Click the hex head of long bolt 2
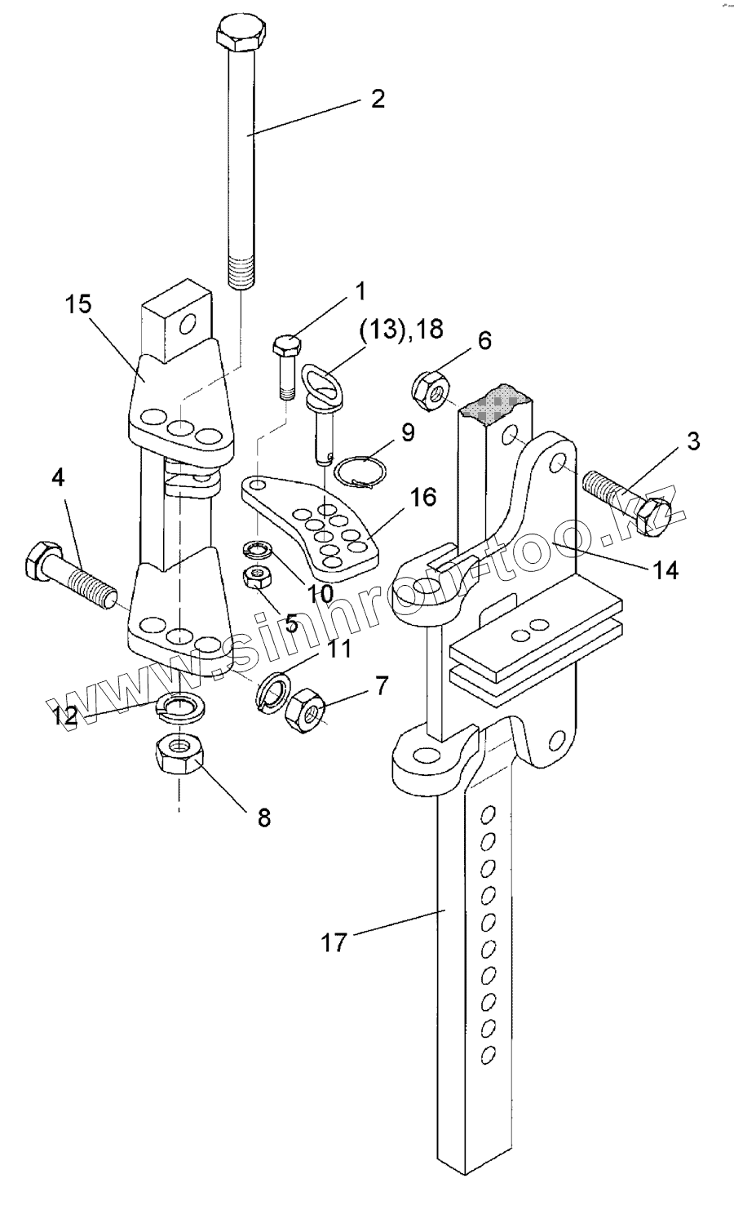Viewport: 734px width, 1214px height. (241, 36)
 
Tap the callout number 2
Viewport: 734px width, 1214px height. (378, 100)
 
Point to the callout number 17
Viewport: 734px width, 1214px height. (333, 943)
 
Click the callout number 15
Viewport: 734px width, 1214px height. (78, 304)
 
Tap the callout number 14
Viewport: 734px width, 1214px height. (665, 570)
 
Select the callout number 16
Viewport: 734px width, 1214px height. (424, 497)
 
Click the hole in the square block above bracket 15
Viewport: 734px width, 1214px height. (188, 326)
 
